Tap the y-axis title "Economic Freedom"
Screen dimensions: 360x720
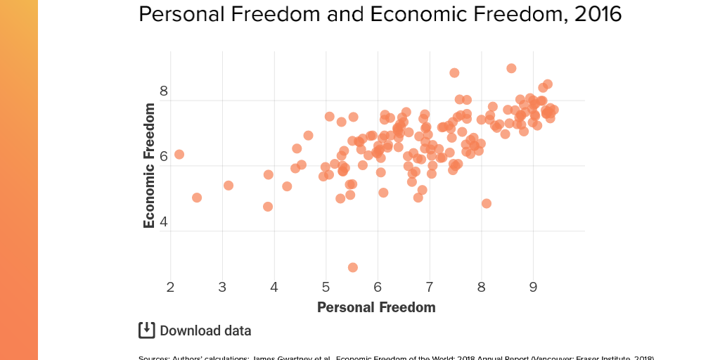coord(149,165)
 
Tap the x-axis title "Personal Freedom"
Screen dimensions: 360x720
coord(376,307)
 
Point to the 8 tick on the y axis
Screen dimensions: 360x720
coord(164,91)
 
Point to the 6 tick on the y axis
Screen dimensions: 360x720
coord(164,156)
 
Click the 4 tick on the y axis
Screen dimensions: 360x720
coord(164,222)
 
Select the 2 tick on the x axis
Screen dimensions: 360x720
coord(171,287)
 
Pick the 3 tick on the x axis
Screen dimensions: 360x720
coord(222,287)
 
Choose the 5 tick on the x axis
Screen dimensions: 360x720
coord(326,287)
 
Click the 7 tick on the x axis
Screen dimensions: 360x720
coord(429,287)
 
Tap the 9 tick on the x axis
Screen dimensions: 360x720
coord(532,287)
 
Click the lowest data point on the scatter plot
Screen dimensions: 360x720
coord(353,267)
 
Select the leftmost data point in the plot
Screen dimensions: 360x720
coord(179,154)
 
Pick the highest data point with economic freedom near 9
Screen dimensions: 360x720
coord(511,68)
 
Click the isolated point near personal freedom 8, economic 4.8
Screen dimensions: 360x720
coord(487,203)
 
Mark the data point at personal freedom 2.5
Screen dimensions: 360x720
coord(197,198)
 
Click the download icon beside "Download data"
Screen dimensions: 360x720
coord(146,330)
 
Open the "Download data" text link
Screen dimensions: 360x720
coord(205,331)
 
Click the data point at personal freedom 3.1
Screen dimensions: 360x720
coord(229,185)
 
